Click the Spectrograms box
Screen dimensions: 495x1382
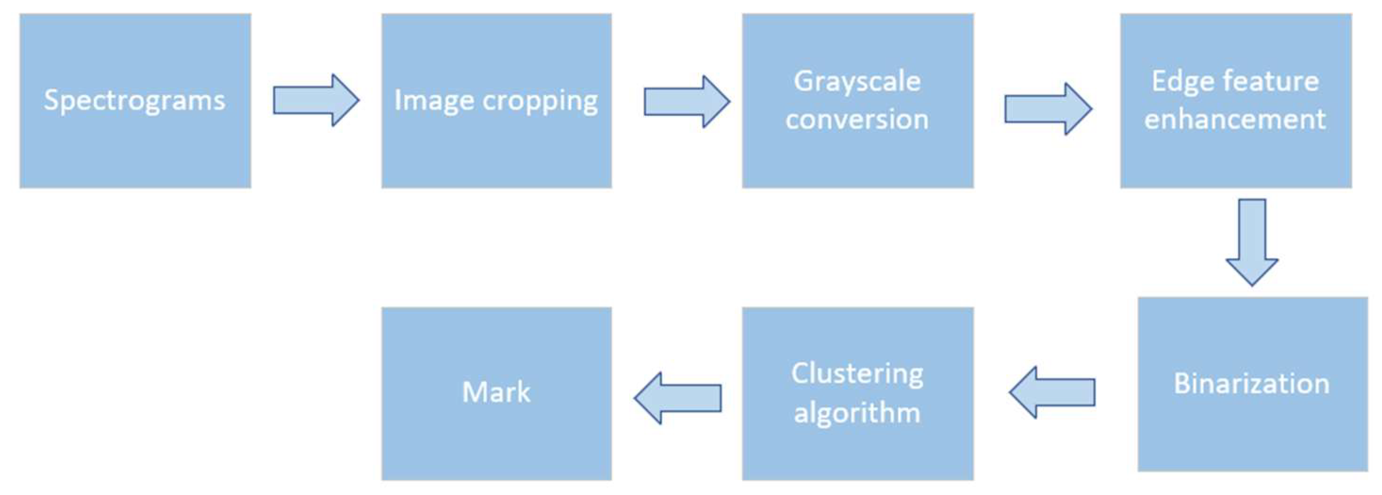tap(135, 100)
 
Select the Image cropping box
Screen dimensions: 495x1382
tap(496, 100)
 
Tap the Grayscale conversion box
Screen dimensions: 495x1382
tap(857, 100)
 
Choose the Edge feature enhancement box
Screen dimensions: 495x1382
tap(1236, 100)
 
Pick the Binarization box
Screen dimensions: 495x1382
tap(1252, 384)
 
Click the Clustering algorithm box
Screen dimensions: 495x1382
tap(857, 393)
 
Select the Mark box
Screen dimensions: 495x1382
tap(496, 393)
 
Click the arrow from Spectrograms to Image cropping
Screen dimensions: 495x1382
tap(315, 100)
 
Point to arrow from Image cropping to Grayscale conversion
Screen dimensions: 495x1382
tap(686, 101)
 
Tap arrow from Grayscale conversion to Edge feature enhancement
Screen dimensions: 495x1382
tap(1047, 109)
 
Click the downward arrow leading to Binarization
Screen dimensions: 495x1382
tap(1252, 242)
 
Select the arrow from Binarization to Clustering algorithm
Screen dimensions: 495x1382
tap(1052, 393)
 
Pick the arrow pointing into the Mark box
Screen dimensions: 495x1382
tap(678, 398)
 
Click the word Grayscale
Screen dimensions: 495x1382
tap(857, 82)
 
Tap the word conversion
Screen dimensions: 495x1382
tap(857, 119)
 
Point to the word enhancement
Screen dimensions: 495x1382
tap(1235, 119)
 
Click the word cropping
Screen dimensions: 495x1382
tap(540, 101)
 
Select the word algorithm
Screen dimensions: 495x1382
tap(857, 413)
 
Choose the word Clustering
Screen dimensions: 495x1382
tap(857, 374)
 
